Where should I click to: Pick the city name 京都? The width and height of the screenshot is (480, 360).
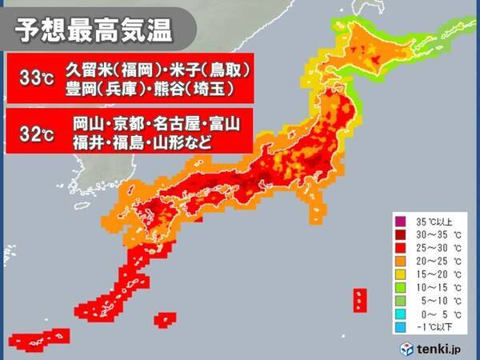[128, 124]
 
